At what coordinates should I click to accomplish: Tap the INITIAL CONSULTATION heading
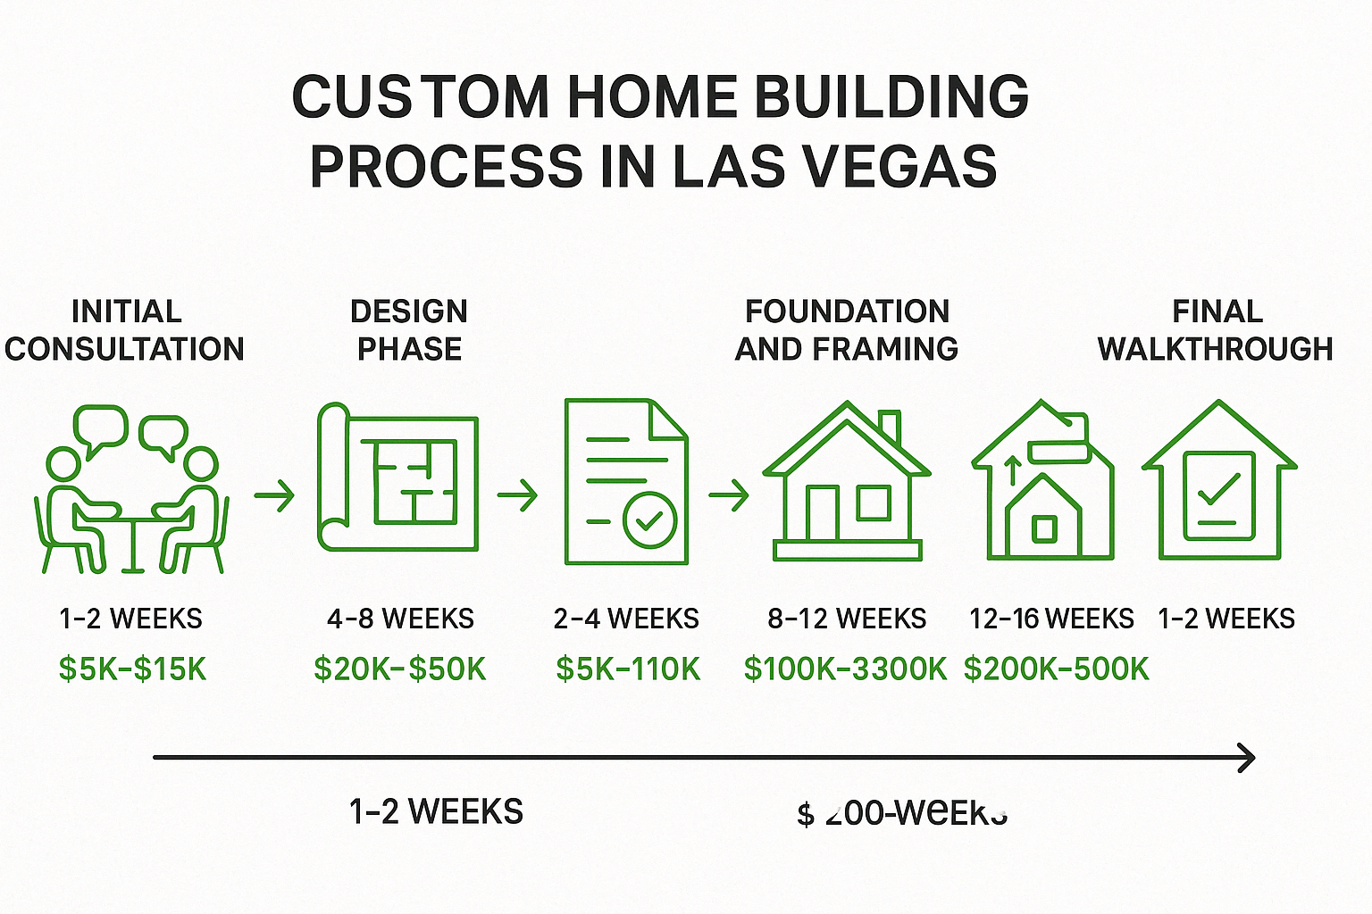point(125,329)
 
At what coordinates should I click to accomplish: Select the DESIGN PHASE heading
point(409,329)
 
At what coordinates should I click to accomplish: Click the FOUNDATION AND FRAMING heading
point(846,329)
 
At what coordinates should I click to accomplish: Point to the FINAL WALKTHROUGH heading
point(1216,329)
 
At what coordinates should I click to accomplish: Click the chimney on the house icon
point(889,427)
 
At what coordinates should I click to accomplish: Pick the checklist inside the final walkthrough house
point(1219,495)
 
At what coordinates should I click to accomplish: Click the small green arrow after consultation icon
point(274,494)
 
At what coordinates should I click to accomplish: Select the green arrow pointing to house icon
point(728,494)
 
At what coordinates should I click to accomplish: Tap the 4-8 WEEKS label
point(400,619)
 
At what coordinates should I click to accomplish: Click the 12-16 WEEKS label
point(1051,619)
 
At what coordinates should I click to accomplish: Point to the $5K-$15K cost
point(132,669)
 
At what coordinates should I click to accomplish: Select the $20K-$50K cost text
point(400,669)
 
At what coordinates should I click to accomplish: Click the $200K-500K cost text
point(1056,669)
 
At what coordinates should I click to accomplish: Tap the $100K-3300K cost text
point(845,669)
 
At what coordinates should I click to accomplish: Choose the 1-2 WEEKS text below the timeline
point(436,811)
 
